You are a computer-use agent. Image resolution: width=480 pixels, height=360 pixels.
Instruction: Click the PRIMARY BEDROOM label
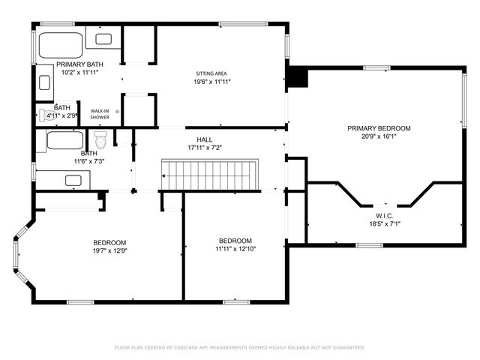coord(379,128)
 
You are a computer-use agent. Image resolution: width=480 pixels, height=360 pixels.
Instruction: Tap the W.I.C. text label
coord(385,215)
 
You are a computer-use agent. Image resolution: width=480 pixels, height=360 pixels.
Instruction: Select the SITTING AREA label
coord(211,73)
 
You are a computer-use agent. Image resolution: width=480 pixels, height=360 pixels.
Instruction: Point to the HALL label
coord(205,139)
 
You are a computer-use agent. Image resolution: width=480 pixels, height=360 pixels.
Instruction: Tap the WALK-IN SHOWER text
coord(100,114)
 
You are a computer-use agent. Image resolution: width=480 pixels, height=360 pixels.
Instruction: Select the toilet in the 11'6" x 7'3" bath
coord(101,139)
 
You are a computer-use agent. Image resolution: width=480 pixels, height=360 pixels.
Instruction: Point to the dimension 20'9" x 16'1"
coord(379,137)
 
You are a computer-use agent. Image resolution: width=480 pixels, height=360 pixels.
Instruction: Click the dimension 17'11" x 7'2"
coord(205,148)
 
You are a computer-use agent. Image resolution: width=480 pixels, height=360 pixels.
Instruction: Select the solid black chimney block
coord(298,77)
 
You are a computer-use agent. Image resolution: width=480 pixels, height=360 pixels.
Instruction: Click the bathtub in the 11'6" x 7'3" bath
coord(65,139)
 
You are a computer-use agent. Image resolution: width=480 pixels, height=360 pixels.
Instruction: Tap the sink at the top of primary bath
coord(103,38)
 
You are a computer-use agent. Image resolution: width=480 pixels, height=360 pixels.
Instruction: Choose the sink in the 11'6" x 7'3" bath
coord(73,180)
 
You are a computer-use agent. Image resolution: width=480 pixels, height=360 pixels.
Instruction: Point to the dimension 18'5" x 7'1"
coord(385,223)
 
